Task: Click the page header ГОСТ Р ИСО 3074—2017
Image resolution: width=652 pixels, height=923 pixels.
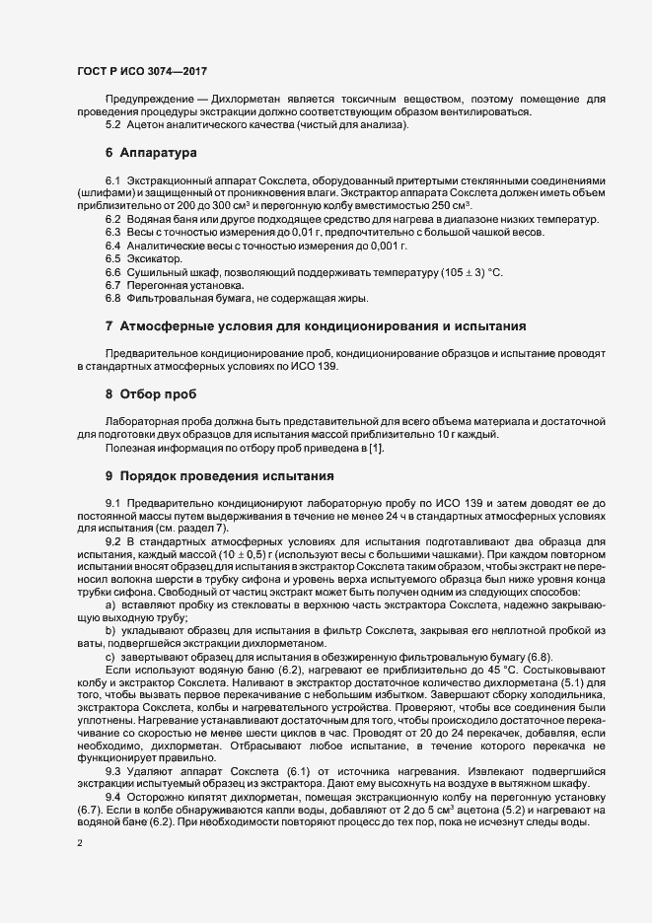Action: click(x=142, y=70)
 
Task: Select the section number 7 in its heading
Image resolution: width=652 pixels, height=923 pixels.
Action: click(x=109, y=325)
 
